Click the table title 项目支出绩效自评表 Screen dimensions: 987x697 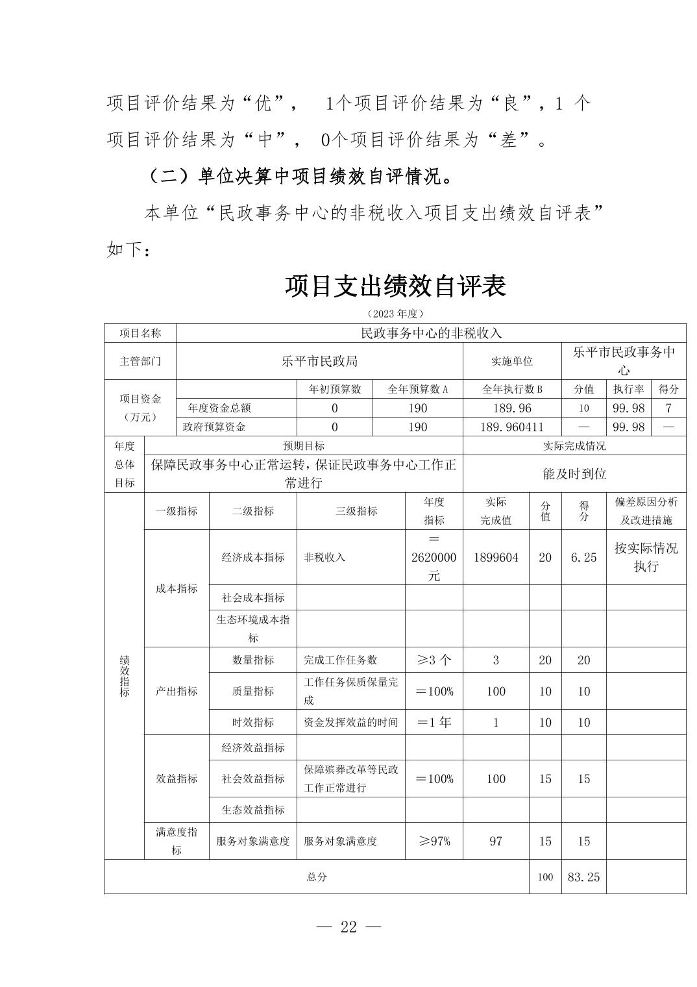pos(395,286)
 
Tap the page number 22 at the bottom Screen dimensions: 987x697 pos(348,927)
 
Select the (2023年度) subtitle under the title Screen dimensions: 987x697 pos(395,314)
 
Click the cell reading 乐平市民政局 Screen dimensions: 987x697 pos(319,361)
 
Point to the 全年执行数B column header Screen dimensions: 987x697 pos(512,389)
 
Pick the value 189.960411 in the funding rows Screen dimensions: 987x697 pos(512,427)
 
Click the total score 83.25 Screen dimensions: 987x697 pos(583,877)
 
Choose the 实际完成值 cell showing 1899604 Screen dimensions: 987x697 pos(496,557)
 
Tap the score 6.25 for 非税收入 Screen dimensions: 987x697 pos(583,557)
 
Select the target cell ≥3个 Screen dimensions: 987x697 pos(434,660)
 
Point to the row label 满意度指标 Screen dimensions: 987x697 pos(177,841)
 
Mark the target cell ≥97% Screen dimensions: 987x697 pos(434,841)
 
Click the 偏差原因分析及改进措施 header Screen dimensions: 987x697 pos(646,511)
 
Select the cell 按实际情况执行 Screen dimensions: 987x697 pos(646,557)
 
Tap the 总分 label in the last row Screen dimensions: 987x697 pos(317,877)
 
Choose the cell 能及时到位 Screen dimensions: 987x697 pos(574,473)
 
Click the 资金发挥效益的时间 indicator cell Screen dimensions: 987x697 pos(350,722)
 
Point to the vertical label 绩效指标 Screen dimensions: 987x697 pos(125,676)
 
